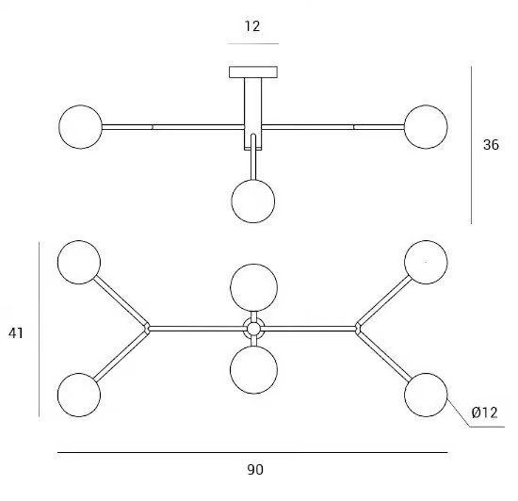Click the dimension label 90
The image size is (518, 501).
pyautogui.click(x=255, y=469)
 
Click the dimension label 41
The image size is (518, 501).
pyautogui.click(x=16, y=332)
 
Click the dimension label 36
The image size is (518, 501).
pyautogui.click(x=491, y=145)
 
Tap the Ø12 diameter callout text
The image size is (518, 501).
pyautogui.click(x=484, y=412)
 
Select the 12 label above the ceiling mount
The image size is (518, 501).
pyautogui.click(x=252, y=26)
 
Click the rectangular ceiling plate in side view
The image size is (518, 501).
pyautogui.click(x=253, y=72)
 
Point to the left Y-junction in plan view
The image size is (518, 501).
pyautogui.click(x=147, y=329)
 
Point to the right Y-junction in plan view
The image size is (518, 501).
pyautogui.click(x=358, y=329)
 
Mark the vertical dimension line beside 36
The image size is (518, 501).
pyautogui.click(x=472, y=145)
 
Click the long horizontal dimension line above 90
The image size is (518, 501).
pyautogui.click(x=252, y=452)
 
